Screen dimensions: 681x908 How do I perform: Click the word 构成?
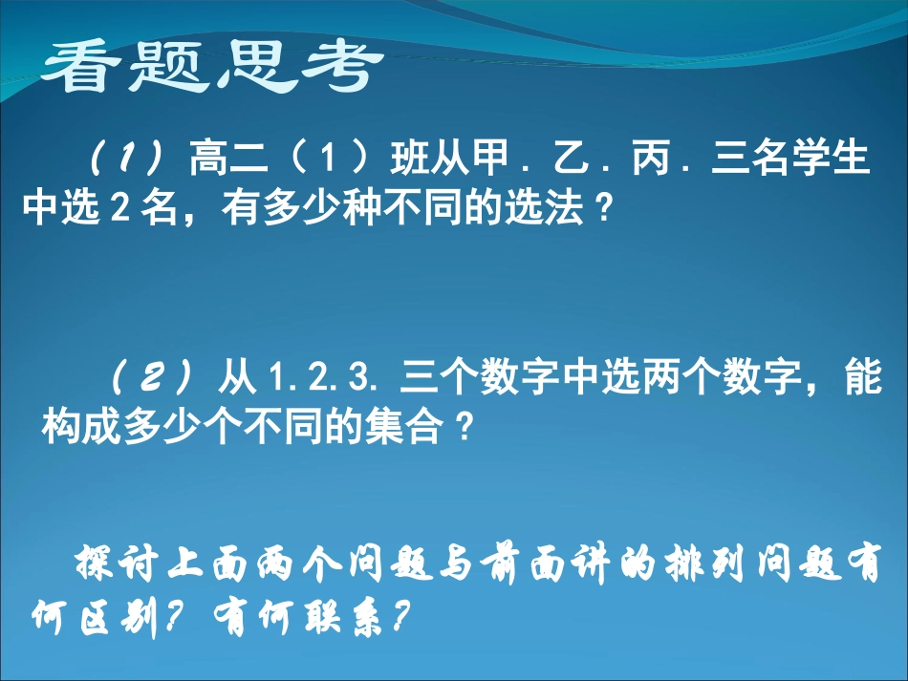coord(81,427)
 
